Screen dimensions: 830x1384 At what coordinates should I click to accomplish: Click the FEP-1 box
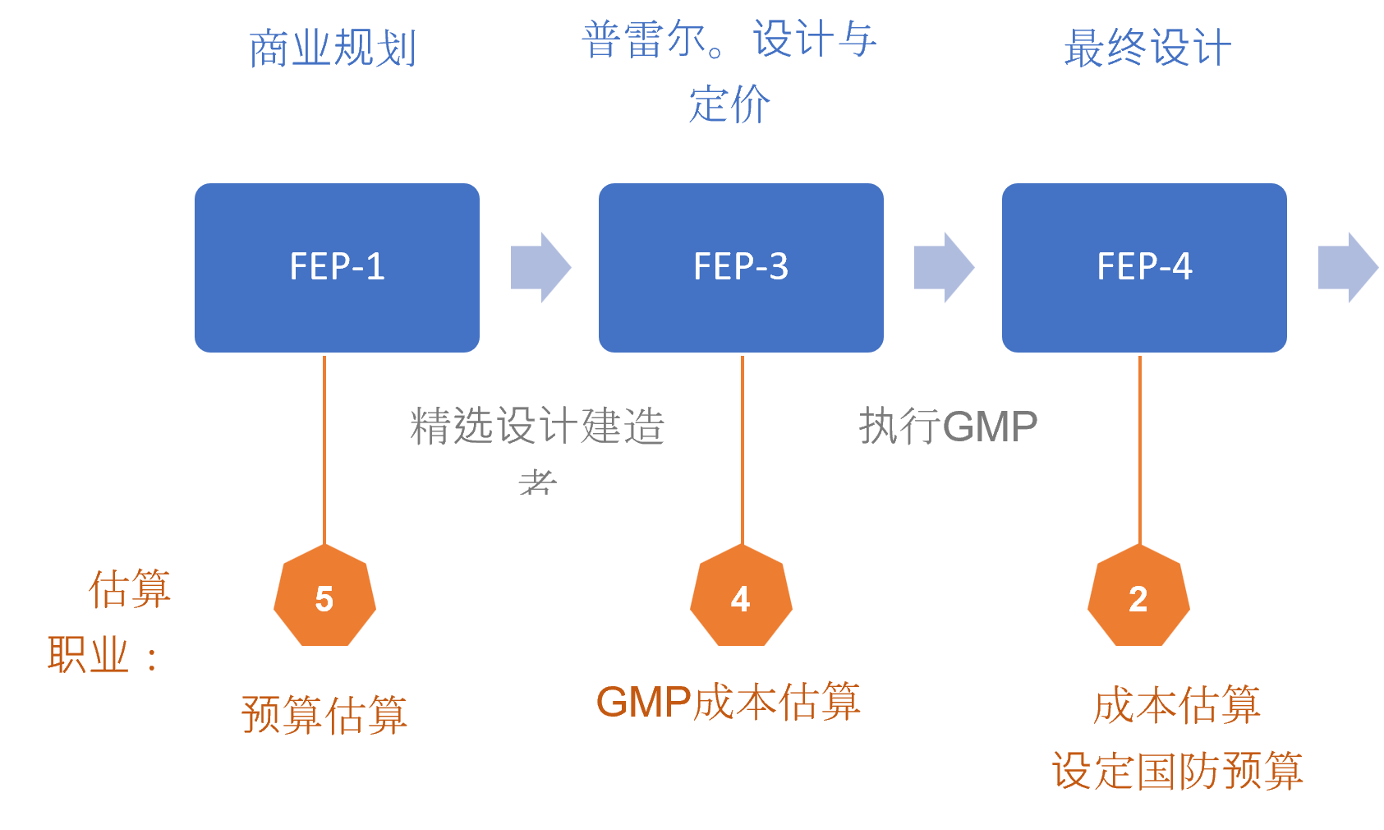click(337, 267)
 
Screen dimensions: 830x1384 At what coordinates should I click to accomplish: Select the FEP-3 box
click(741, 267)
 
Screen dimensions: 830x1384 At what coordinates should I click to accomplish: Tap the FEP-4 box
click(1144, 267)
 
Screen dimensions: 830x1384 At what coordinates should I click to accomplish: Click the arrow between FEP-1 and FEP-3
click(540, 267)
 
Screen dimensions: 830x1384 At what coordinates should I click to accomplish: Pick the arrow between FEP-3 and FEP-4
click(943, 267)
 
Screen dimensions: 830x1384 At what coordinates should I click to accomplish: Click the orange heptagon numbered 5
click(324, 597)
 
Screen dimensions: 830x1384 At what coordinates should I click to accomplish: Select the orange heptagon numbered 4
click(741, 597)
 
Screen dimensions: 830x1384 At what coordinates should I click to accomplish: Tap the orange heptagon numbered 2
click(1138, 597)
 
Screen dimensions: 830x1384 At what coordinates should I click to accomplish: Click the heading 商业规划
click(333, 48)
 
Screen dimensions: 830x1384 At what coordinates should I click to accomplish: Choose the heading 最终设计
click(1147, 48)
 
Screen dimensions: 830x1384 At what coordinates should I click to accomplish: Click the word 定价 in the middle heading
click(729, 105)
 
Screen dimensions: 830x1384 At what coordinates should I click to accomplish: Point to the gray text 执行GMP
click(948, 427)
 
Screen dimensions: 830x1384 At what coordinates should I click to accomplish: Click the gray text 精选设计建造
click(537, 427)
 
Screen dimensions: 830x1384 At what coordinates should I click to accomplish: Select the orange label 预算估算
click(324, 714)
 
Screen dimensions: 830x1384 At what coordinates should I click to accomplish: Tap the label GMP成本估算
click(728, 703)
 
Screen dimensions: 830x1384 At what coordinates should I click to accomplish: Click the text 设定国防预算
click(1177, 771)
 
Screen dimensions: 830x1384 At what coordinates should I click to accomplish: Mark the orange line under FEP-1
click(324, 448)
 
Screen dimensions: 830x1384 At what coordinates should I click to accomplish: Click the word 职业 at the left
click(88, 656)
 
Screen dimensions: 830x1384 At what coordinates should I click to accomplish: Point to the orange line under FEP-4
click(1140, 448)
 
